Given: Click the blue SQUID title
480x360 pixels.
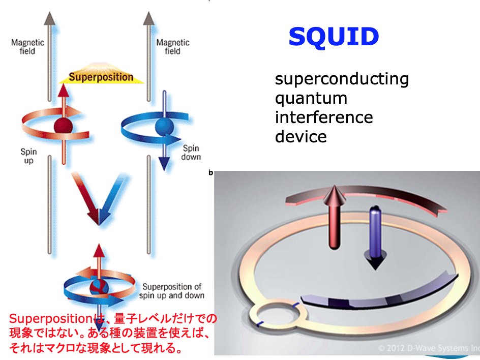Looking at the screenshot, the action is [x=334, y=37].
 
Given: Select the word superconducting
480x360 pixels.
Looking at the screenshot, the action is [x=342, y=79].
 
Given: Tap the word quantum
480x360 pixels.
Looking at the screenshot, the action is [x=311, y=99].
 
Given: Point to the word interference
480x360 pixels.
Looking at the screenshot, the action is [x=324, y=117].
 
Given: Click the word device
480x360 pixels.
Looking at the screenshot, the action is [x=301, y=137].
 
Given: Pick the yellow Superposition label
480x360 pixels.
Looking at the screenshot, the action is [x=101, y=77].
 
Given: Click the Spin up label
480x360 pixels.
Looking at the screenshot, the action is [x=29, y=156].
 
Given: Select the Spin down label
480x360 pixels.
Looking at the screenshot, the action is [x=191, y=153].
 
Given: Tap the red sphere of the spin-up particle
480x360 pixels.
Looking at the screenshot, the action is [x=64, y=126].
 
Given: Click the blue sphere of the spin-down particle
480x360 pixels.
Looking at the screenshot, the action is [x=164, y=127].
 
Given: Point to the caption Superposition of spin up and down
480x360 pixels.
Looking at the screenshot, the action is [x=172, y=291].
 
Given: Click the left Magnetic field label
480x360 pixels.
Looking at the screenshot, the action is [x=27, y=47].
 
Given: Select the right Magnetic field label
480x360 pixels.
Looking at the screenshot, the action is [x=173, y=47].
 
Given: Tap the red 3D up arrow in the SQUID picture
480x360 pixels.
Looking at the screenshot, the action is [x=335, y=217].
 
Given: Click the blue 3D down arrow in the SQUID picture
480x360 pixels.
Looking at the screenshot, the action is [x=375, y=238].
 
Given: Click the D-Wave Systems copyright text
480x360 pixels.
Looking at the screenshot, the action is [x=429, y=348].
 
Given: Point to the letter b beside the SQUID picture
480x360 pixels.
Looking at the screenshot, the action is [x=211, y=173].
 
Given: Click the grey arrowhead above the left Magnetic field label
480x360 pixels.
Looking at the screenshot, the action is [x=50, y=18].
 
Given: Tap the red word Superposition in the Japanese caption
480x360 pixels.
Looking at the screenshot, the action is [x=51, y=319].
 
